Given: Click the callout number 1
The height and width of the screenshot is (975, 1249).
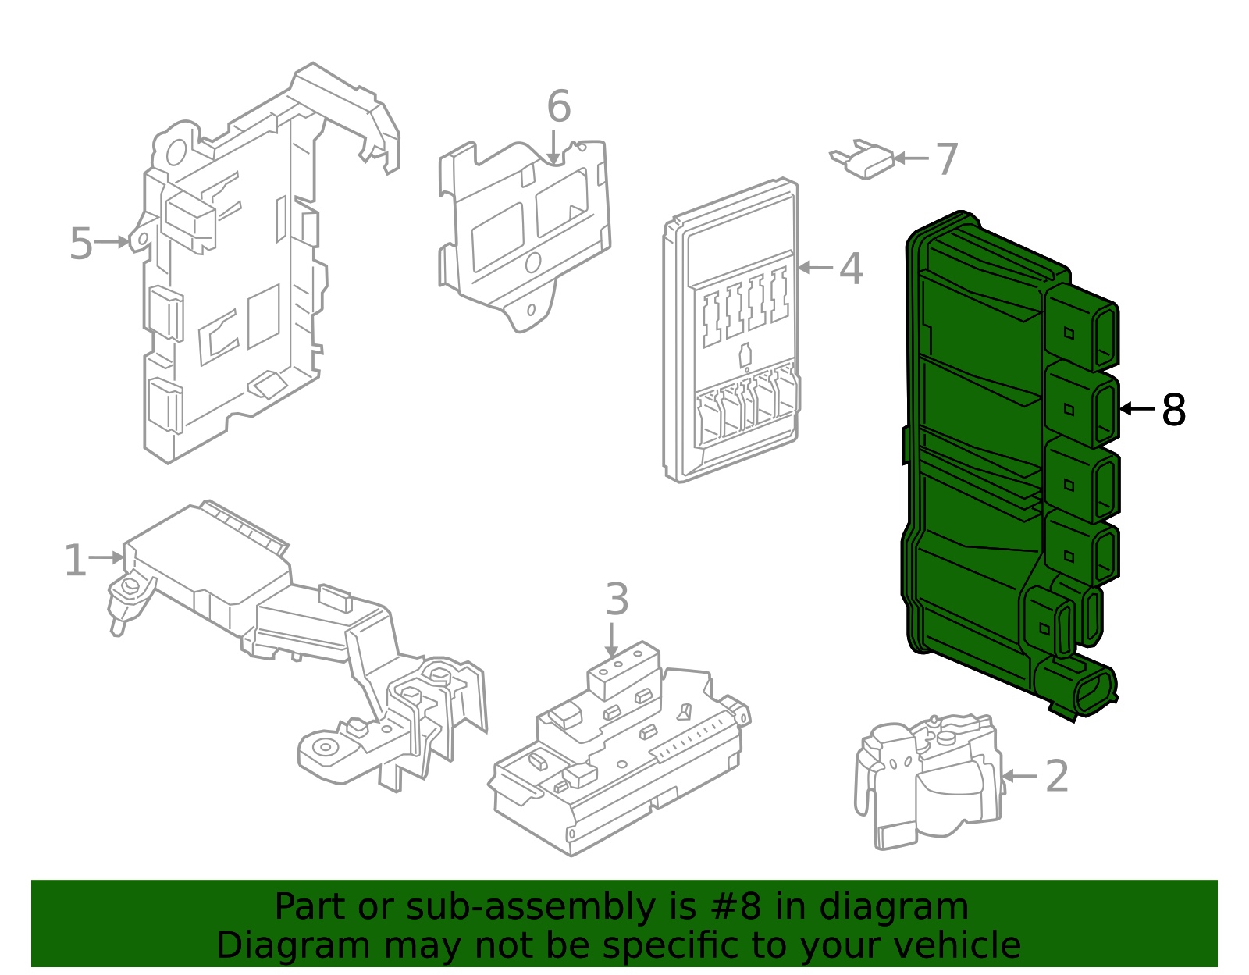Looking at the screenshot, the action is (75, 560).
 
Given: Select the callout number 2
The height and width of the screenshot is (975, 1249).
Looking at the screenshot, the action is (1056, 776).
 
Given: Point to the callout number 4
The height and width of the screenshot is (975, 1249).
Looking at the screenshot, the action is (851, 269).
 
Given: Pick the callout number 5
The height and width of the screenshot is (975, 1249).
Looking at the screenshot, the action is (80, 244).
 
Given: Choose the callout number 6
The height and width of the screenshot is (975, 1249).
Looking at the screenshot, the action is (558, 106).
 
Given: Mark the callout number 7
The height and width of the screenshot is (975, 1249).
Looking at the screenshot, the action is (946, 158).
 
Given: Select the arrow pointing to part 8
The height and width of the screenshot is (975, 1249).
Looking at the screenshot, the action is (1137, 408).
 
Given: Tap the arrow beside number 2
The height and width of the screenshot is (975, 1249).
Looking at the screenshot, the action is (1019, 776).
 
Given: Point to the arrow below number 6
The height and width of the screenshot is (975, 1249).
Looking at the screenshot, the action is (553, 148).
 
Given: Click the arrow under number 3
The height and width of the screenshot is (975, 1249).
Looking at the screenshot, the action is (612, 640).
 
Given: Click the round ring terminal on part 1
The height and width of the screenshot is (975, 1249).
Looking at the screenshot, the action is (323, 747).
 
